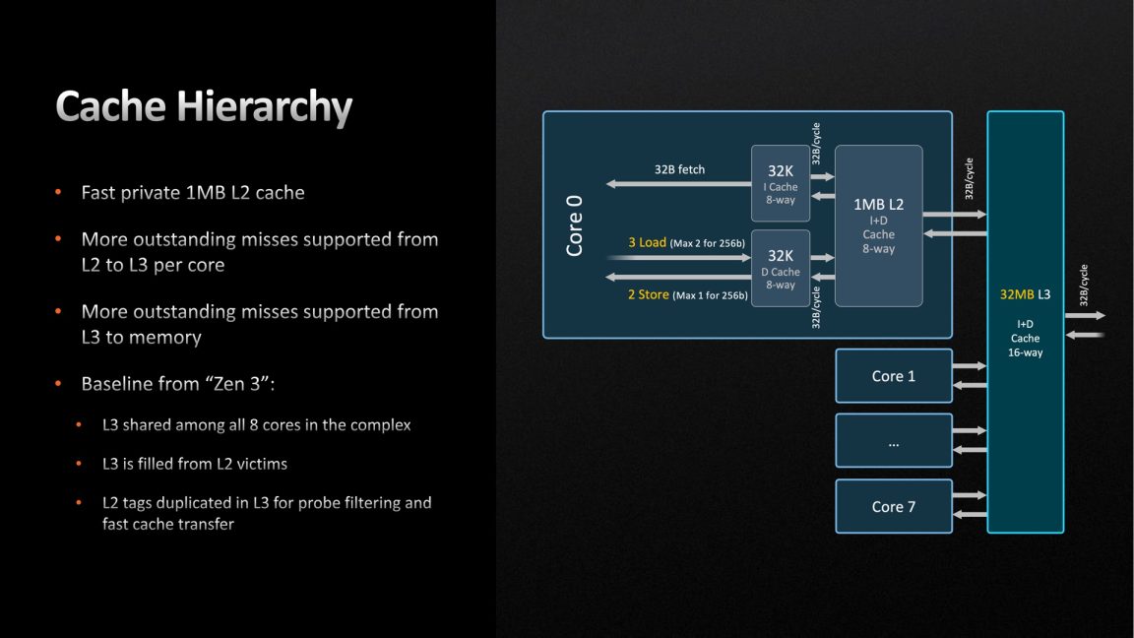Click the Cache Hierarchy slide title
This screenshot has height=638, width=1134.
pos(204,106)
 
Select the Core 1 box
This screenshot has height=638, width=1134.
pos(894,376)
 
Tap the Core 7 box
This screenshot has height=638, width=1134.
pos(894,506)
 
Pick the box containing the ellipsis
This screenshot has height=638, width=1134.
pos(894,441)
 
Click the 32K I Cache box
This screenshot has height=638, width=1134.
pos(781,184)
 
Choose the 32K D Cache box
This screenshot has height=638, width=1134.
pos(781,269)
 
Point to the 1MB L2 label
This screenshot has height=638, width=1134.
pos(878,204)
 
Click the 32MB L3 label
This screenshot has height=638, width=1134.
pos(1025,294)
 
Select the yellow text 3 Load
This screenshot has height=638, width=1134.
pos(647,242)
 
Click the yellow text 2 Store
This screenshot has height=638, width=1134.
pos(649,294)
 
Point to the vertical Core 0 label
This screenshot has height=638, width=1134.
pos(575,225)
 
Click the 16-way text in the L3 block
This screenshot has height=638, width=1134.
pos(1025,352)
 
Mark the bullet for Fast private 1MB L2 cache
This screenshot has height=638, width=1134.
pos(59,193)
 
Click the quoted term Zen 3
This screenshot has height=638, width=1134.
pos(235,383)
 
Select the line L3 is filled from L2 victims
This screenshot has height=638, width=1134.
pos(195,463)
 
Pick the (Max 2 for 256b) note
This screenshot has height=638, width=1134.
pos(708,243)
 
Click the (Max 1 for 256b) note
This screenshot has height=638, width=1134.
pos(710,295)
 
